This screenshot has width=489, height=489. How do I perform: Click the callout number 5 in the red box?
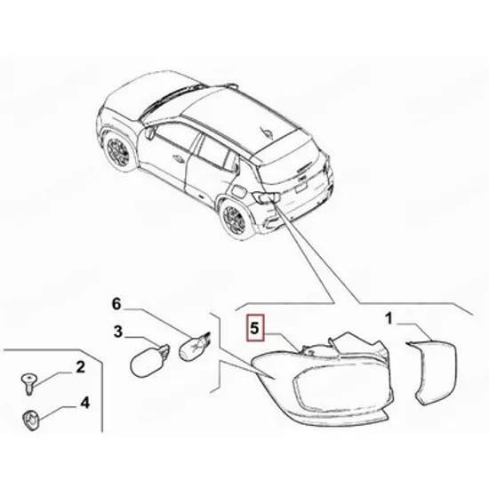click(254, 328)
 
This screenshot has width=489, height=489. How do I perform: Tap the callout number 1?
click(389, 319)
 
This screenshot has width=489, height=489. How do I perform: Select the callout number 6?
click(116, 303)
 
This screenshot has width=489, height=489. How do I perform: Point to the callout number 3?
click(118, 332)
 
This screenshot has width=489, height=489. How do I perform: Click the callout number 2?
click(80, 367)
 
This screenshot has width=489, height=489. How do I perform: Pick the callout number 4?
click(84, 403)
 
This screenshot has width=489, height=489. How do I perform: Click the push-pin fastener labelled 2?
click(28, 383)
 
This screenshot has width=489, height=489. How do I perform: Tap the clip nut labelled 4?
click(31, 421)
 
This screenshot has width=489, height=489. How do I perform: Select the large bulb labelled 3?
click(149, 360)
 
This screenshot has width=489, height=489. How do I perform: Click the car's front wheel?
click(117, 151)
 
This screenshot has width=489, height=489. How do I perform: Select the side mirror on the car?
click(149, 132)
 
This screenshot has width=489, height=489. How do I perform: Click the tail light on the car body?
click(266, 196)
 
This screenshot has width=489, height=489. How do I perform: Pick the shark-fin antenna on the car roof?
click(267, 132)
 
